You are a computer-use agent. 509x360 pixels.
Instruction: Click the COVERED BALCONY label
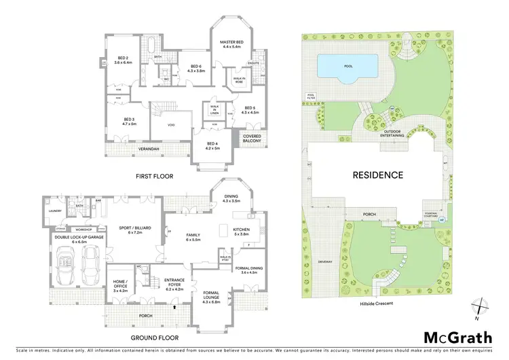click(x=247, y=139)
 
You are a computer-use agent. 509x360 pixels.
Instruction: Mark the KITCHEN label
click(x=242, y=230)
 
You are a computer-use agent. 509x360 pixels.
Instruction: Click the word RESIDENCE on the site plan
click(x=377, y=175)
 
